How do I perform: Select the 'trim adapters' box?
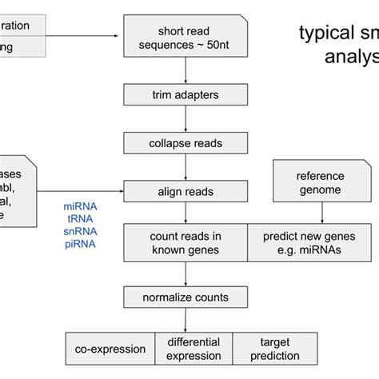tap(186, 96)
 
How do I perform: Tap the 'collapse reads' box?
tap(186, 143)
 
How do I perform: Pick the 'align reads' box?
tap(186, 191)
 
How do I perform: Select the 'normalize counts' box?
tap(186, 297)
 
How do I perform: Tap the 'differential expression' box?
tap(193, 349)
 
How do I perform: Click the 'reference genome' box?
tap(320, 182)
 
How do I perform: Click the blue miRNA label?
tap(80, 207)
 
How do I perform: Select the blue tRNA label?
tap(80, 219)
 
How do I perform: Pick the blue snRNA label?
tap(80, 231)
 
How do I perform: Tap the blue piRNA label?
tap(80, 243)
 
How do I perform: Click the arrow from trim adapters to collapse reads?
tap(186, 120)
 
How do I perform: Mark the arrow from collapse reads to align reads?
tap(186, 167)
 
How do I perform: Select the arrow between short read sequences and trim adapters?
tap(186, 70)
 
